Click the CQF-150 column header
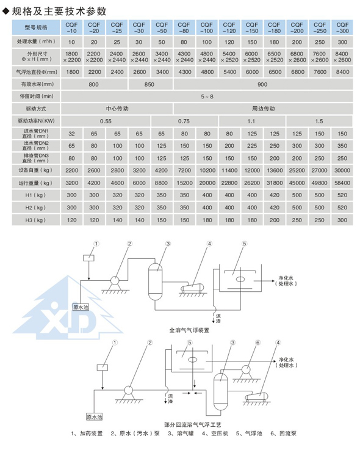point(252,27)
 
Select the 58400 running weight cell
point(342,183)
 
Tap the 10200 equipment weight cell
point(207,170)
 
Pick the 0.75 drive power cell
point(184,121)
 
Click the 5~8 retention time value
point(207,96)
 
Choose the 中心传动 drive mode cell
point(117,109)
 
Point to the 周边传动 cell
point(263,109)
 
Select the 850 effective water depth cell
point(149,84)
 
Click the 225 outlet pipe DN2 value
point(252,146)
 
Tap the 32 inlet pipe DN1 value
point(72,134)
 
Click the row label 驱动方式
point(36,109)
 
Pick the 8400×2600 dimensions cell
point(342,57)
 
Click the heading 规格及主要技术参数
point(59,11)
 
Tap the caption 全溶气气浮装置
point(189,330)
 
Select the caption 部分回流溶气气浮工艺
point(193,424)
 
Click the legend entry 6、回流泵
point(283,434)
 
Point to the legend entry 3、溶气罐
point(181,434)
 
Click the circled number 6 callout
point(257,343)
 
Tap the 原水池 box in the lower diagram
point(95,416)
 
